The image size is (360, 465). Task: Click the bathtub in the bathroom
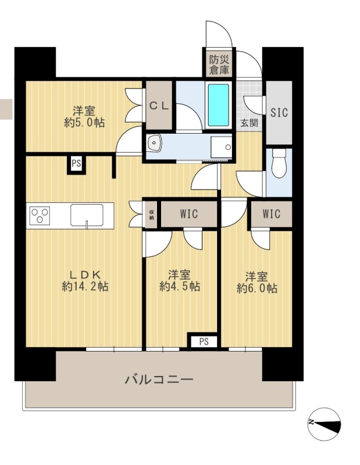(219, 105)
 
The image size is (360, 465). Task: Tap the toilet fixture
(279, 163)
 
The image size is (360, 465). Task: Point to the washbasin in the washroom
(154, 142)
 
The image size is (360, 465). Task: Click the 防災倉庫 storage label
(219, 65)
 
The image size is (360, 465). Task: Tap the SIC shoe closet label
(279, 112)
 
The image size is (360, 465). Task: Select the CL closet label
(159, 106)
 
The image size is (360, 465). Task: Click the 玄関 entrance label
(249, 123)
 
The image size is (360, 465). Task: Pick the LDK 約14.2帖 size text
(85, 281)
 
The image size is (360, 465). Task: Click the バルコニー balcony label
(159, 380)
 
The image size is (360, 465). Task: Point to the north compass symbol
(324, 424)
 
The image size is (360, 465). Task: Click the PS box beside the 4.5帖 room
(204, 341)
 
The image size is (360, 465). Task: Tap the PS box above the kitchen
(76, 163)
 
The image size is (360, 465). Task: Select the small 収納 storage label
(152, 214)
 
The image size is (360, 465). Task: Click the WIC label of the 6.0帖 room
(271, 214)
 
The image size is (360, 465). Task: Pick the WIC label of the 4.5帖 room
(189, 214)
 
